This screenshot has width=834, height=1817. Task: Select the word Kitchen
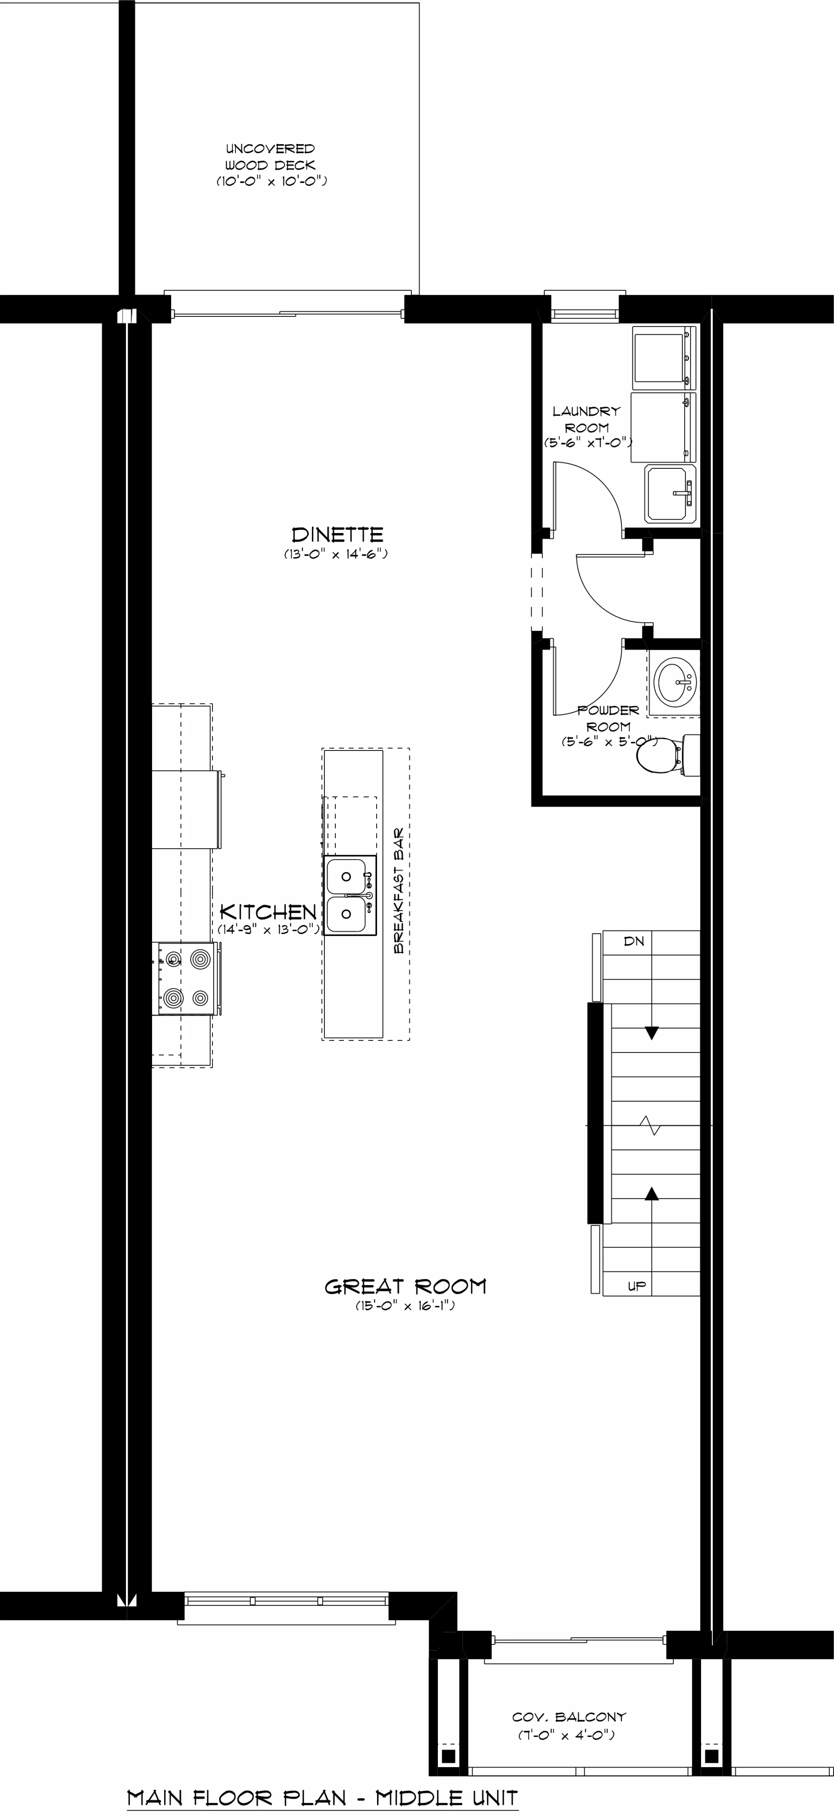[x=268, y=912]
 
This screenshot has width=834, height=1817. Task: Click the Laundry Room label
[x=586, y=420]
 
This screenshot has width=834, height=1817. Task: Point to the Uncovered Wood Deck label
[x=270, y=157]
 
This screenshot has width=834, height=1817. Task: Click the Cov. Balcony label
[x=569, y=1717]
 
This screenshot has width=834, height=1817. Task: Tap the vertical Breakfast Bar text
[x=399, y=890]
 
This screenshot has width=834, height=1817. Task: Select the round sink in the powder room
[x=676, y=681]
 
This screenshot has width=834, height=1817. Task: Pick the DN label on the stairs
[x=634, y=941]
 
